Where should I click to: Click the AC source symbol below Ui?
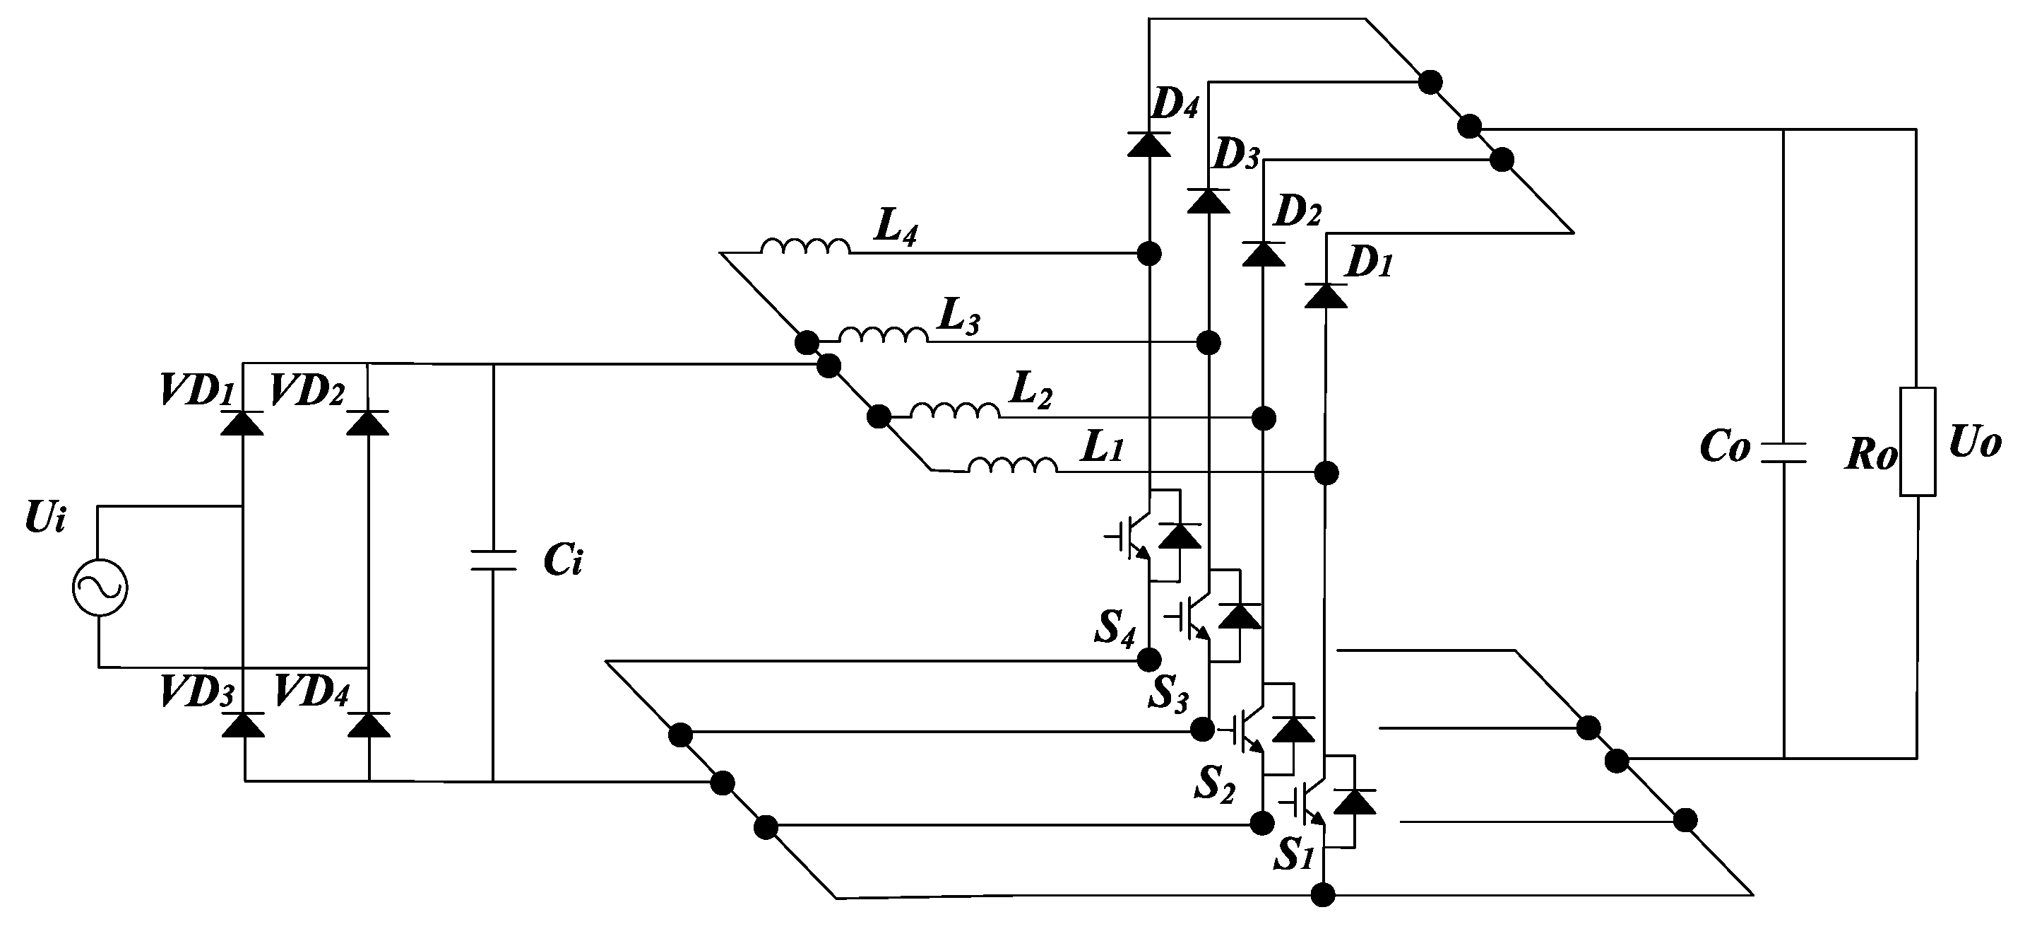click(x=100, y=587)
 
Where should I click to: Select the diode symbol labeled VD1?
click(x=242, y=422)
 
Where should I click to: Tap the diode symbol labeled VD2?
click(x=368, y=422)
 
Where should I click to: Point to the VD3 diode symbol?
click(x=243, y=725)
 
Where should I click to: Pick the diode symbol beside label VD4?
click(x=369, y=725)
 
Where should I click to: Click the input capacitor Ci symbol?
click(x=493, y=560)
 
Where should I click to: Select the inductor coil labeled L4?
click(x=805, y=247)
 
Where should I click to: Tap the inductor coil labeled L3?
click(x=883, y=335)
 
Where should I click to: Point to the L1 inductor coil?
click(x=1013, y=466)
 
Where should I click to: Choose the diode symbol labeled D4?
click(x=1148, y=145)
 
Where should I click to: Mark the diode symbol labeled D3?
click(x=1209, y=201)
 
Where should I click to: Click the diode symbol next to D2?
click(x=1264, y=254)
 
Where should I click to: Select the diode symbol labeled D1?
click(x=1325, y=295)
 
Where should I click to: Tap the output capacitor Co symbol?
click(x=1783, y=452)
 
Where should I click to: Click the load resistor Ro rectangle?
click(x=1918, y=441)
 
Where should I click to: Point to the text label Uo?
click(x=1975, y=445)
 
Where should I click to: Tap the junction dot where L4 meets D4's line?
click(x=1149, y=253)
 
